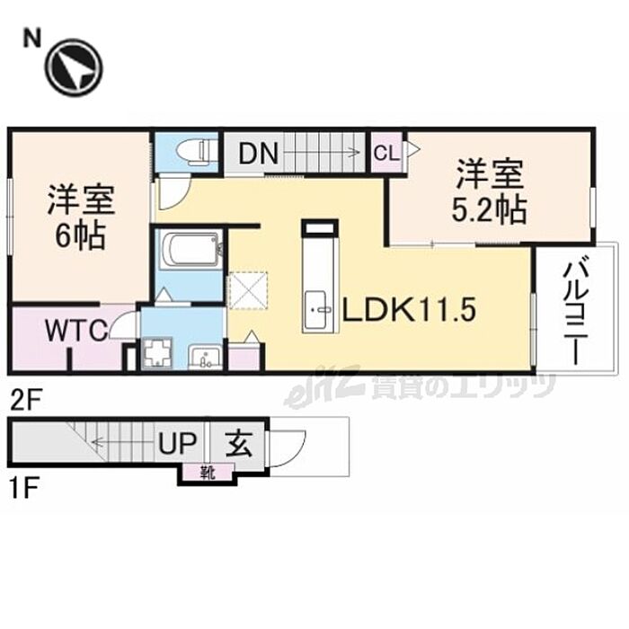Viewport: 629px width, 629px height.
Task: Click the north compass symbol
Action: coord(75,68)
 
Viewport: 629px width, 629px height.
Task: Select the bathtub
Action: coord(190,250)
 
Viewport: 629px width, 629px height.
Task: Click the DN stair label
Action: coord(259,154)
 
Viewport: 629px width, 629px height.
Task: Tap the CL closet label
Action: coord(386,153)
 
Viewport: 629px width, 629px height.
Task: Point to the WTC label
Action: coord(76,332)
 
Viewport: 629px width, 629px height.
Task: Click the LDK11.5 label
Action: coord(408,309)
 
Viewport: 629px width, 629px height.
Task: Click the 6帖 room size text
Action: coord(80,235)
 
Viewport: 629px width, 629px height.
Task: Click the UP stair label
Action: coord(177,443)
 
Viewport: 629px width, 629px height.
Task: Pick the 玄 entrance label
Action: coord(239,443)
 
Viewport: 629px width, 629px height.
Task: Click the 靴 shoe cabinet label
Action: coord(208,473)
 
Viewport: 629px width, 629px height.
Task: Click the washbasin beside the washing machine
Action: coord(206,356)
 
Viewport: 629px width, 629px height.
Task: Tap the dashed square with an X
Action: coord(248,290)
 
